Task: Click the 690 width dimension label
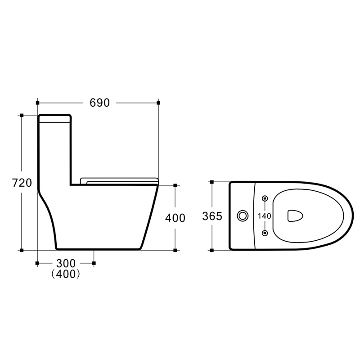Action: coord(99,103)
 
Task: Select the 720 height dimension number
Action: coord(22,183)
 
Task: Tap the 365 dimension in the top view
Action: coord(212,216)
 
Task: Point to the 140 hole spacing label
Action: coord(264,216)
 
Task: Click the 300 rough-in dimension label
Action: coord(66,263)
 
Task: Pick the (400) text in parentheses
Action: coord(66,274)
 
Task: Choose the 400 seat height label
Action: coord(175,218)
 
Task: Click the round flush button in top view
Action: coord(243,216)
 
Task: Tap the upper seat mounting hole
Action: coord(265,198)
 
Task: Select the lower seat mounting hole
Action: coord(265,233)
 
